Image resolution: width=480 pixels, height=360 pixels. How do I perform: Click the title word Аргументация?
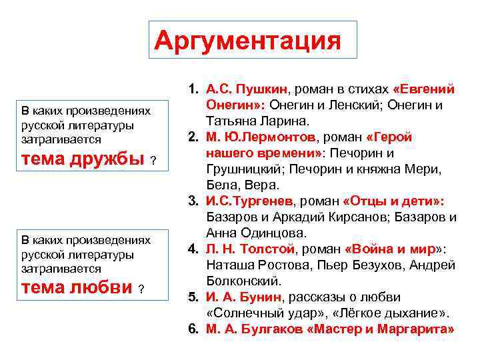[247, 41]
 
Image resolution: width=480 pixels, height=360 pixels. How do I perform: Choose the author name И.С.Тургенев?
[248, 201]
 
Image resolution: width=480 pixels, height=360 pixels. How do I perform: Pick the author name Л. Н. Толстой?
[250, 249]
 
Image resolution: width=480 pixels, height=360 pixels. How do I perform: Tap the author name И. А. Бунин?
[244, 297]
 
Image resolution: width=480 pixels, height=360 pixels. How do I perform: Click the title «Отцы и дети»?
[393, 201]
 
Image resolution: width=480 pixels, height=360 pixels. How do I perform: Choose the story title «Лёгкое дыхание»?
[386, 313]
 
